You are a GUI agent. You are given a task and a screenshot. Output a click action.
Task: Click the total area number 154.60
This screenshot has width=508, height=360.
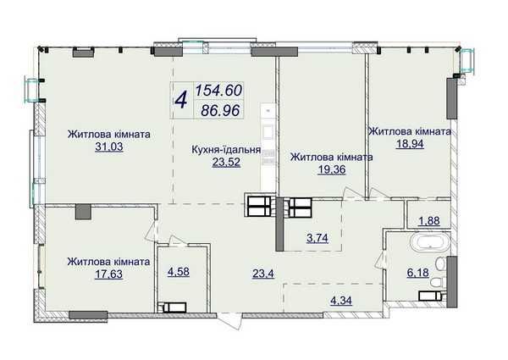pyautogui.click(x=218, y=91)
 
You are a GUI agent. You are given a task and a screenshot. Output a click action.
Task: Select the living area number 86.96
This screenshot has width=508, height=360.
pyautogui.click(x=220, y=110)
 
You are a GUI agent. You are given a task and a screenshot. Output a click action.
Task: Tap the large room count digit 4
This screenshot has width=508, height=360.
pyautogui.click(x=181, y=100)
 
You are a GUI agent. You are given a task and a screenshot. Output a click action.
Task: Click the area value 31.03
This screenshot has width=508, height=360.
pyautogui.click(x=109, y=147)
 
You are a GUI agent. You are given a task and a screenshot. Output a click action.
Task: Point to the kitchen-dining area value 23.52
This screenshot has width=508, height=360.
pyautogui.click(x=226, y=162)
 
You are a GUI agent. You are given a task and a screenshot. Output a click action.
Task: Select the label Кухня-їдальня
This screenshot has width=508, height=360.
pyautogui.click(x=226, y=150)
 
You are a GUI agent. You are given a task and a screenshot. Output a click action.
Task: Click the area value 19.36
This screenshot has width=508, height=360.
pyautogui.click(x=332, y=169)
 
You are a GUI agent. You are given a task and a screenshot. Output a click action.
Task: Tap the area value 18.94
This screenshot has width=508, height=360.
pyautogui.click(x=410, y=144)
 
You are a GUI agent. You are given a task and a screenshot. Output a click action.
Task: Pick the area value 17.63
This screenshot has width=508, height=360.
pyautogui.click(x=109, y=274)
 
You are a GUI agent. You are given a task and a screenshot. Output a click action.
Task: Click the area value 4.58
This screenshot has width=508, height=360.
pyautogui.click(x=179, y=272)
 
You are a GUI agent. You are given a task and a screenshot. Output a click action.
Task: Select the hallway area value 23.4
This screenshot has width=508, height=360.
pyautogui.click(x=263, y=274)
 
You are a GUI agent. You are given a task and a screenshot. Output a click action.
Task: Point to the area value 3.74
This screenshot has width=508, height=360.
pyautogui.click(x=317, y=238)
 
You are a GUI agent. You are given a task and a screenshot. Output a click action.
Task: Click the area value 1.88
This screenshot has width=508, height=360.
pyautogui.click(x=429, y=221)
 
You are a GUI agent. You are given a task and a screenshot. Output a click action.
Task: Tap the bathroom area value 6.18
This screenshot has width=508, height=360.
pyautogui.click(x=418, y=273)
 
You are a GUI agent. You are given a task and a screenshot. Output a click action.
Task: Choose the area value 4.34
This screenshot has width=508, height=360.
pyautogui.click(x=341, y=301)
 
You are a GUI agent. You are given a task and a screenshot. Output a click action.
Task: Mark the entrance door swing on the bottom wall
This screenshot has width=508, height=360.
pyautogui.click(x=229, y=321)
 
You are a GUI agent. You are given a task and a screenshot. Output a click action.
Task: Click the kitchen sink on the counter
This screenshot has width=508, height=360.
pyautogui.click(x=269, y=132)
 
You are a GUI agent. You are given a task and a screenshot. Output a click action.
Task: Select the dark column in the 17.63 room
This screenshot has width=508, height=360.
pyautogui.click(x=83, y=212)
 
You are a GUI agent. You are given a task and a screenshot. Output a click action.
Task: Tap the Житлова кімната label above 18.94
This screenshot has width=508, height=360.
pyautogui.click(x=410, y=131)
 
